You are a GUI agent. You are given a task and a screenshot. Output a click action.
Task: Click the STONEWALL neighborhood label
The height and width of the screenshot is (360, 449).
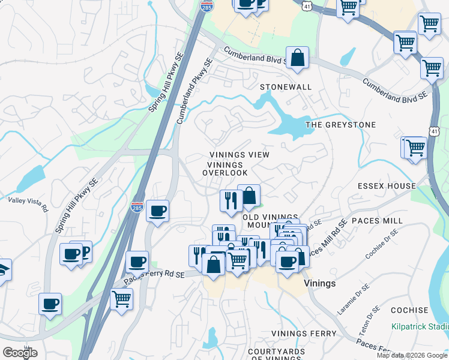286,87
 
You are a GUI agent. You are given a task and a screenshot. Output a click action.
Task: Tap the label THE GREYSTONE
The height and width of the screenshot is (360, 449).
340,125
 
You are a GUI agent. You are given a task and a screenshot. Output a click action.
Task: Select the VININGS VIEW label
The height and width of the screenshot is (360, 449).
239,155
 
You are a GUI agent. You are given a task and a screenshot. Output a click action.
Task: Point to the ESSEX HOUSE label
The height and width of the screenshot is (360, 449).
387,186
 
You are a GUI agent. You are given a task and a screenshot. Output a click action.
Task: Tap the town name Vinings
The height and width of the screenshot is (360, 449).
320,283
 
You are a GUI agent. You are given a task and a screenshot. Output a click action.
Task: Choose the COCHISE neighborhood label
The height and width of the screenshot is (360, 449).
409,310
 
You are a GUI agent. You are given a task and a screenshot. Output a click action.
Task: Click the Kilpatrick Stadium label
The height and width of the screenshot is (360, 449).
420,326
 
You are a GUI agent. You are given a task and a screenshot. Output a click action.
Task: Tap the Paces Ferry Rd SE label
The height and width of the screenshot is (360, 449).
153,277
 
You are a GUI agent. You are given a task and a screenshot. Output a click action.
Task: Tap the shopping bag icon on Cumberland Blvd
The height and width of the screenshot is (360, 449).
297,58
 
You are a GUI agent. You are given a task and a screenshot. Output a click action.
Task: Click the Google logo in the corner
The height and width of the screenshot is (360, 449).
20,353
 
